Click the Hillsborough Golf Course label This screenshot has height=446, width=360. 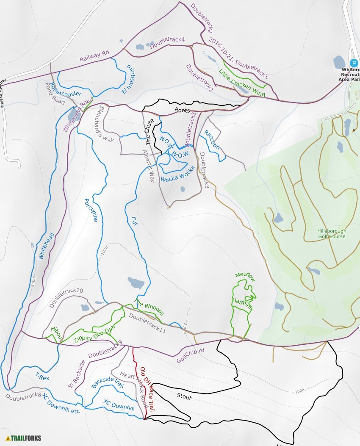[x=331, y=234]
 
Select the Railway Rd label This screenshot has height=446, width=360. [x=94, y=56]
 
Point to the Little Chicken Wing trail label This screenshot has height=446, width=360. [x=242, y=83]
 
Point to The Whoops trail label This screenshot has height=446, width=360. [x=149, y=307]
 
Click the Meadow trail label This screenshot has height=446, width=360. [x=246, y=277]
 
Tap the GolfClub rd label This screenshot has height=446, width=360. [x=191, y=356]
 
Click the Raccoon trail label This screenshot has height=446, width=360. [x=212, y=139]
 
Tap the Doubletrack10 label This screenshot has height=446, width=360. [x=66, y=298]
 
